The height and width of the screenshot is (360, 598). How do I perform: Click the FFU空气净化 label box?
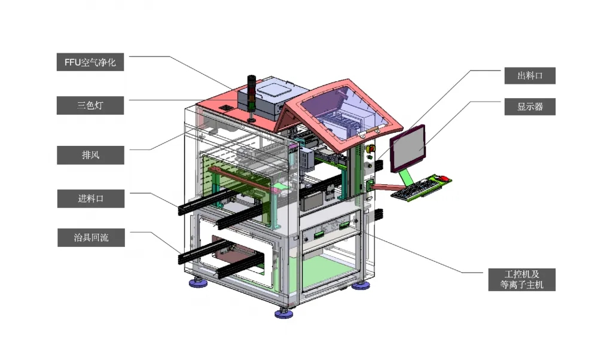tap(90, 62)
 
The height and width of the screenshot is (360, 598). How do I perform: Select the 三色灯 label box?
tap(90, 105)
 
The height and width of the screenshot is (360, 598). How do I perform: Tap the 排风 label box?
tap(90, 155)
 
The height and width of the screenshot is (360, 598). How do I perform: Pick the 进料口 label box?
tap(91, 199)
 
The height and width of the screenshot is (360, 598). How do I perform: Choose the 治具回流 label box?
tap(91, 237)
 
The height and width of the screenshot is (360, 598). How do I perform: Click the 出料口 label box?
tap(530, 75)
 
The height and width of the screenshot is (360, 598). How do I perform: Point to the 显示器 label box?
tap(530, 107)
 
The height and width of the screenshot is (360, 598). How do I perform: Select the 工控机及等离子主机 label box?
tap(521, 279)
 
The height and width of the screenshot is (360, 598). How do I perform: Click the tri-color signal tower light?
tap(252, 98)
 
